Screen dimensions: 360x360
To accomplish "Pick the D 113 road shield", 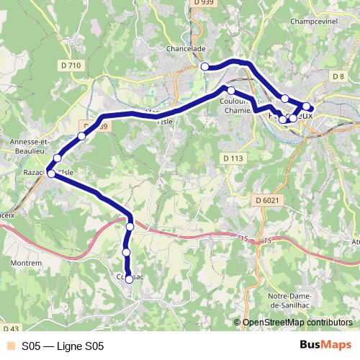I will pos(233,158).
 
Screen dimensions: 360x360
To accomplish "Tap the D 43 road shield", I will pos(9,329).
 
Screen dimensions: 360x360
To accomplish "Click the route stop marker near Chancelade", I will pos(204,67).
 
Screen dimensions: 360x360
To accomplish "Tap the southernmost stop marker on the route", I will pos(129,279).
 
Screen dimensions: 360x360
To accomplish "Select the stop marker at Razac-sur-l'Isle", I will pos(52,173).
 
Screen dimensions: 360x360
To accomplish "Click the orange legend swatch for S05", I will pos(9,346).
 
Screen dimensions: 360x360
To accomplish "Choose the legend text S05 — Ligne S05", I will pos(63,346).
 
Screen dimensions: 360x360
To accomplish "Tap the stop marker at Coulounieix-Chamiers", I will pos(230,91).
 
